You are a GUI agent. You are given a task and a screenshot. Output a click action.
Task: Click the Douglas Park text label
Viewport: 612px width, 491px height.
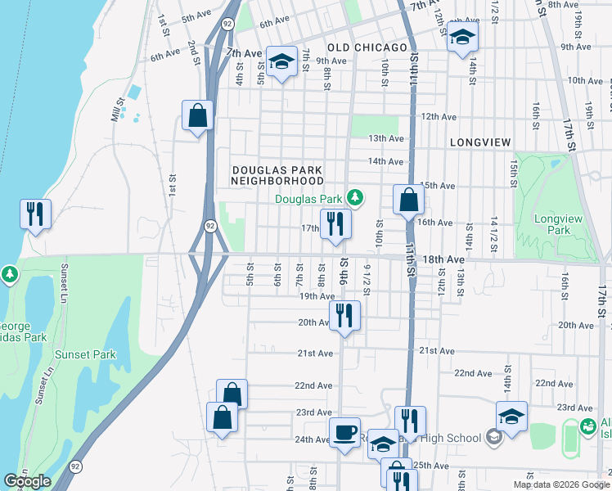[x=308, y=199]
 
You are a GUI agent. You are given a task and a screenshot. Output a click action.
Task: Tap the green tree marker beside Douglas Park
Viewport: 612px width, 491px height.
[x=354, y=197]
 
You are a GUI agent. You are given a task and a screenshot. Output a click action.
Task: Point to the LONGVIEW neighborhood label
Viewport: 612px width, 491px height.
[x=480, y=142]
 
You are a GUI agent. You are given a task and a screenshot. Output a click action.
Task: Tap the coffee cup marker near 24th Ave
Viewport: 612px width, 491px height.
[x=344, y=430]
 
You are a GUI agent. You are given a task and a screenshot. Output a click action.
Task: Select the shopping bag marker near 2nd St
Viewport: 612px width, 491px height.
[x=198, y=115]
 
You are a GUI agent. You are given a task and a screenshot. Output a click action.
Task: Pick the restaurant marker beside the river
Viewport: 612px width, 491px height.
[x=35, y=214]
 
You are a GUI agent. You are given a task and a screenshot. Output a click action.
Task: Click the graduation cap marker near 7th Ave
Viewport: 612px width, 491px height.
[x=281, y=61]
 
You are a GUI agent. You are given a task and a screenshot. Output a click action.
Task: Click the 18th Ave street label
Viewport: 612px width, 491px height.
[x=443, y=259]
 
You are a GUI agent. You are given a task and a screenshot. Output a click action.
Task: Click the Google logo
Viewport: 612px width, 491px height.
[x=27, y=482]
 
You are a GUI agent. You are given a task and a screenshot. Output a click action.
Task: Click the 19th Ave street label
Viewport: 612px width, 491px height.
[x=317, y=296]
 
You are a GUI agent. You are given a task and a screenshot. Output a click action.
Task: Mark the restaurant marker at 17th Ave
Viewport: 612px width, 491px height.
[x=335, y=223]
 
